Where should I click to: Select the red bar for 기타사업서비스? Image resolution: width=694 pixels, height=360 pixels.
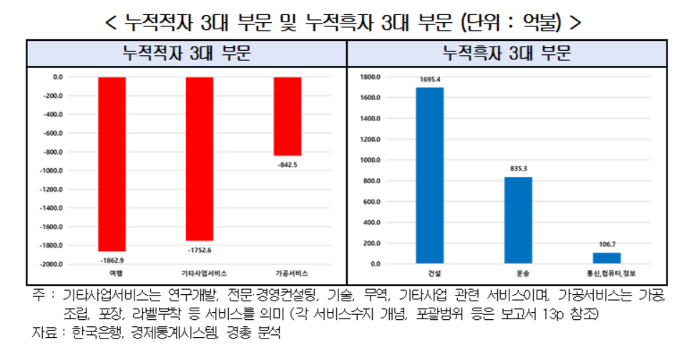click(x=200, y=158)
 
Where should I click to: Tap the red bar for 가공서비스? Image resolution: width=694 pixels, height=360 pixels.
click(x=288, y=116)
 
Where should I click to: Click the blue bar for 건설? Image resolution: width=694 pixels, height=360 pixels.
click(x=429, y=175)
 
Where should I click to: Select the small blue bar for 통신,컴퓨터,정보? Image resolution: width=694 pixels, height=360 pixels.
click(x=607, y=258)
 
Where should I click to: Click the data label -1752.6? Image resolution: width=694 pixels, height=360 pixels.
click(x=200, y=249)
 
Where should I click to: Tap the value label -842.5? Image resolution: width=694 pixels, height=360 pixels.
click(x=288, y=164)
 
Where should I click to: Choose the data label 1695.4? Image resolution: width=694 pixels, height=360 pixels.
click(x=429, y=79)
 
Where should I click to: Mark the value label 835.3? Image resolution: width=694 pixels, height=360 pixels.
click(x=518, y=168)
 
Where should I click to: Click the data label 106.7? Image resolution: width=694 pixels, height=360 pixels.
click(x=607, y=244)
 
